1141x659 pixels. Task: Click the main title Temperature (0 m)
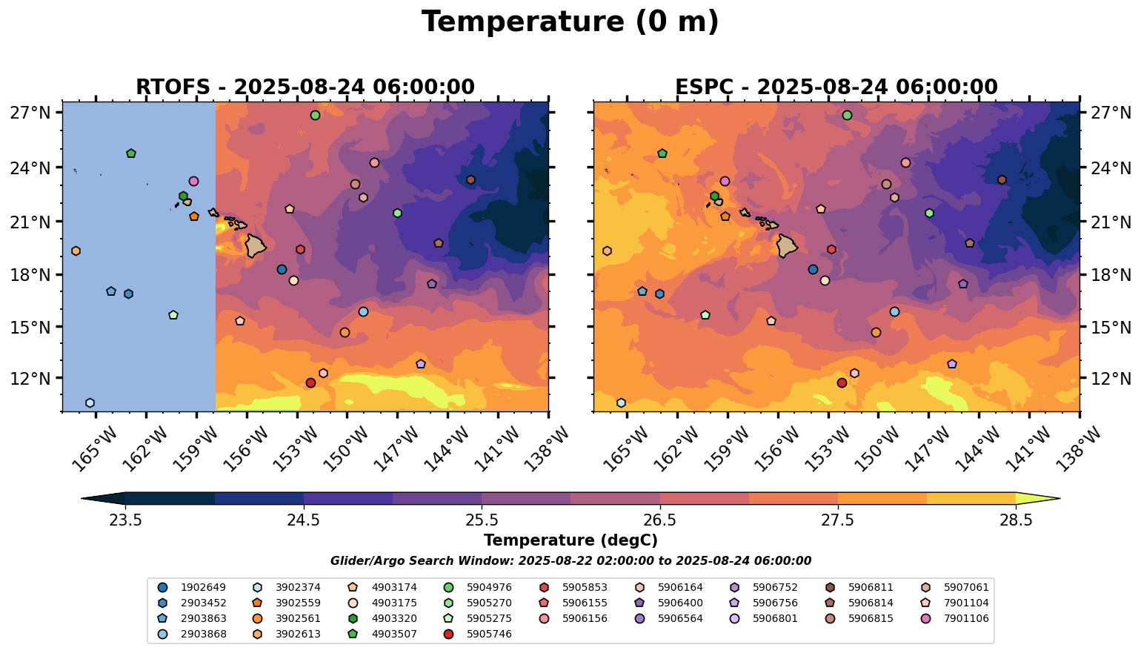[570, 22]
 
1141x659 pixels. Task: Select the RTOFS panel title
[305, 87]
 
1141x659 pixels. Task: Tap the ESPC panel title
[836, 87]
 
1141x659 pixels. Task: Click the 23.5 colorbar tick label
[125, 520]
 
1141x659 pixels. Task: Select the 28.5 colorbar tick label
[1016, 520]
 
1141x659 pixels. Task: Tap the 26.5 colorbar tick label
[659, 520]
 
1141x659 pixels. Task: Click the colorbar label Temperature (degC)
[570, 540]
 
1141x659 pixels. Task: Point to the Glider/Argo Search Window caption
[570, 561]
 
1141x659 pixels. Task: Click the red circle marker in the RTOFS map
[310, 383]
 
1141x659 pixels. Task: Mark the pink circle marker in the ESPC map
[725, 181]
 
